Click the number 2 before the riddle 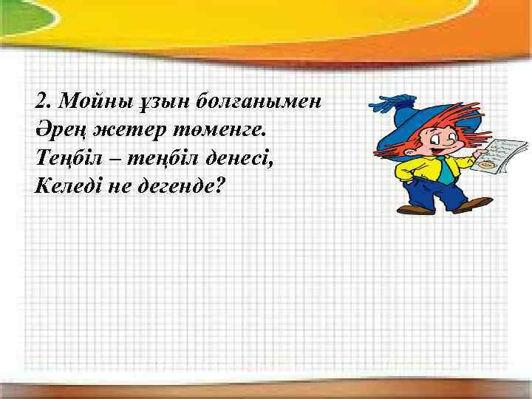pos(41,100)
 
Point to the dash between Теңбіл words pos(103,157)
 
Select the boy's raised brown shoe pos(472,204)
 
